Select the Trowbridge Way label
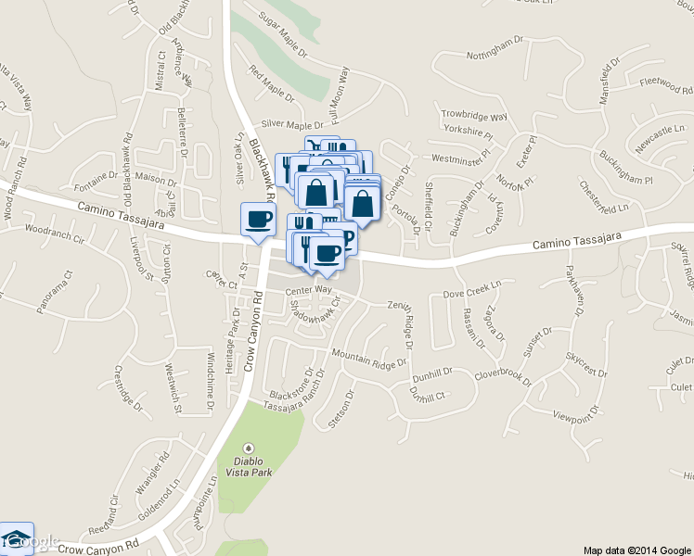point(474,117)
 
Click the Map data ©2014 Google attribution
point(636,549)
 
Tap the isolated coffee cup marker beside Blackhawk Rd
point(257,220)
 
